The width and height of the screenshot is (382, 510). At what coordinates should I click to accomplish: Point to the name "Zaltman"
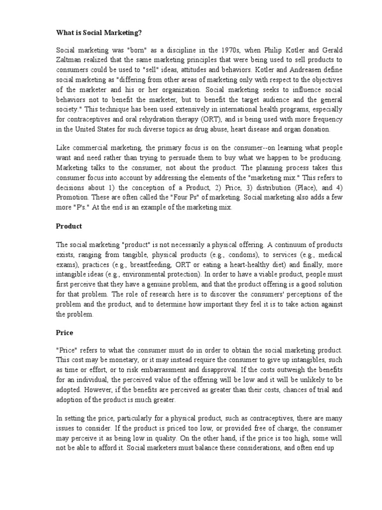[70, 60]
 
